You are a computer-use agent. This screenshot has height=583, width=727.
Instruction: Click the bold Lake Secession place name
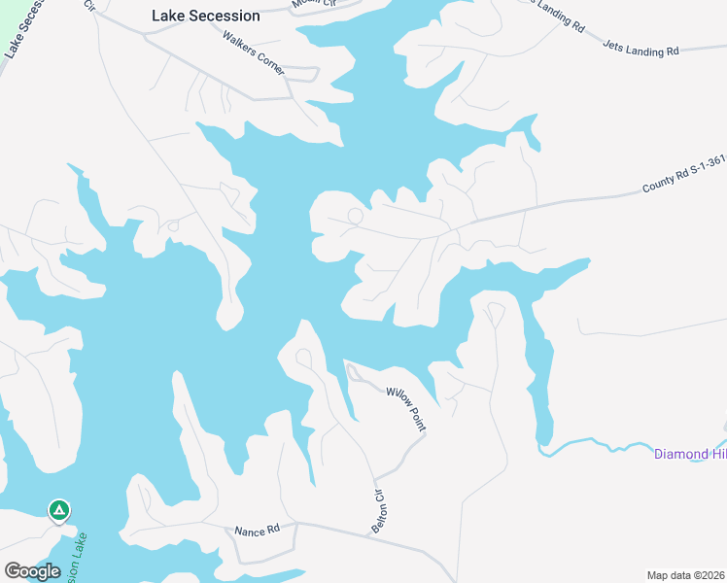click(x=206, y=16)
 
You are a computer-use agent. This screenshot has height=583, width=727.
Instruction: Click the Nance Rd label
click(x=257, y=531)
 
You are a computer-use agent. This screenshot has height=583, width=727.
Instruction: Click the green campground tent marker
click(x=59, y=509)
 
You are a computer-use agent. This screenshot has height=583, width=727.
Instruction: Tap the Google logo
click(x=32, y=571)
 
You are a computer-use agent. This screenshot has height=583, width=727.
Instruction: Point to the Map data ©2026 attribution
click(x=686, y=575)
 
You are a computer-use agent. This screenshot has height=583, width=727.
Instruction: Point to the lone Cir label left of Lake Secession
click(x=89, y=6)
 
